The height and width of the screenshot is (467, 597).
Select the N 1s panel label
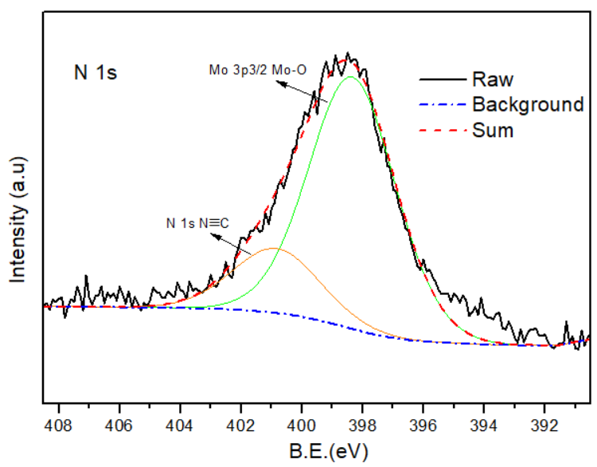[92, 75]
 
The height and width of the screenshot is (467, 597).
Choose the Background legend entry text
[528, 104]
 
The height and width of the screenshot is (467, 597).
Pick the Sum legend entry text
[493, 130]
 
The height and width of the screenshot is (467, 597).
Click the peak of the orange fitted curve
[274, 249]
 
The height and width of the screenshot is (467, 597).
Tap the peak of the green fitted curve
[349, 77]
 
